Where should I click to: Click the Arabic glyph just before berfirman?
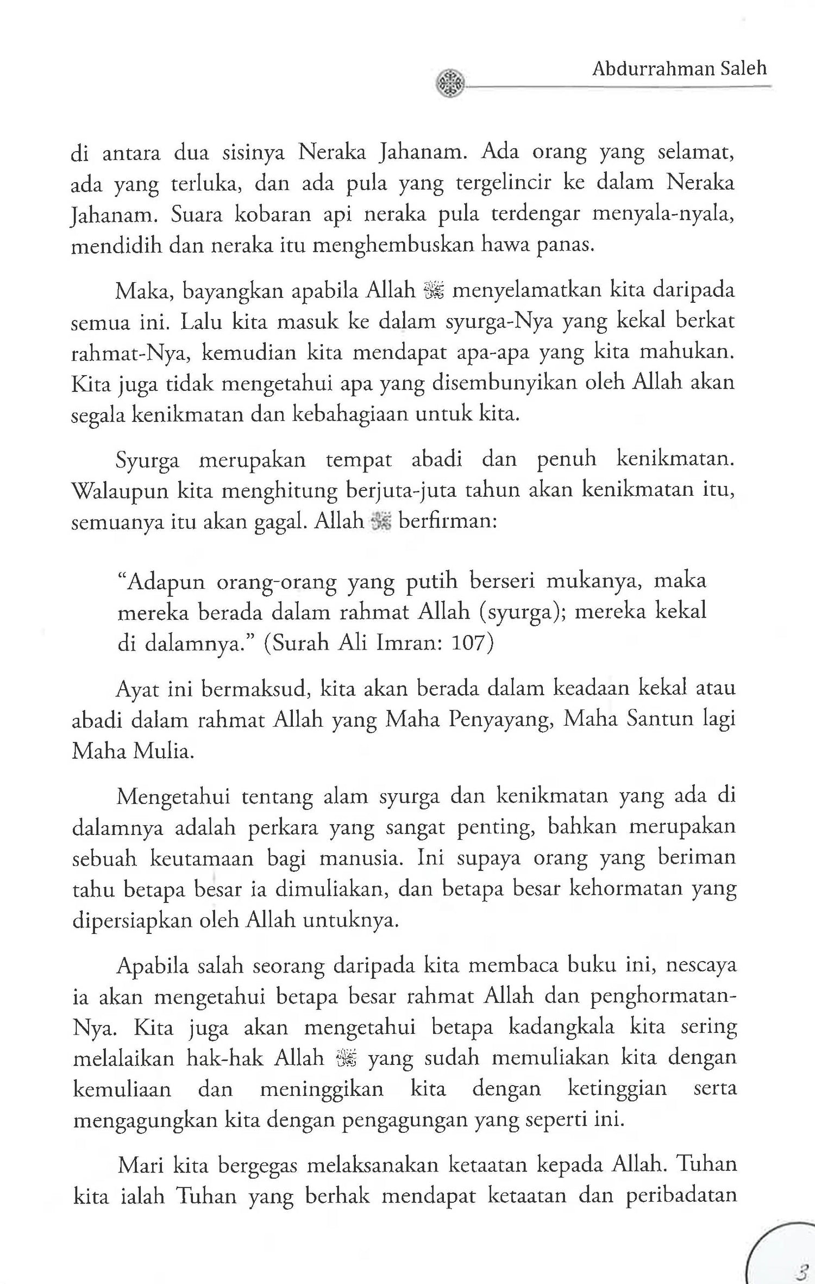[x=380, y=523]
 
